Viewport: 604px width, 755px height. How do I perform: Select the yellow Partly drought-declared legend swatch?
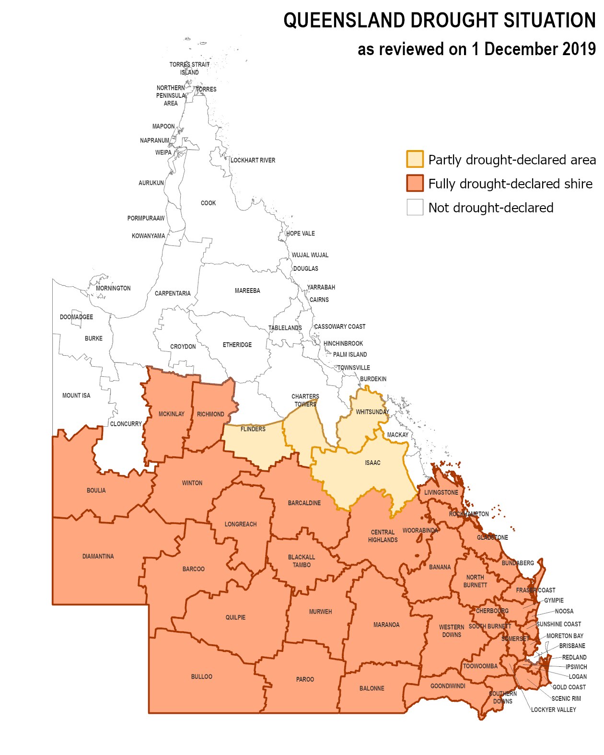coord(415,159)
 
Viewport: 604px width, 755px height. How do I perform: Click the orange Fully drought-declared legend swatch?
coord(415,183)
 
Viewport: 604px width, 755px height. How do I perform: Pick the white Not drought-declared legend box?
coord(415,207)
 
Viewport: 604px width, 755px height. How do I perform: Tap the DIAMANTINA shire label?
coord(98,557)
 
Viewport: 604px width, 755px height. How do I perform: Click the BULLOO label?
coord(201,677)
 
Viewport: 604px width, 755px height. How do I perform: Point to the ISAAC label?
coord(372,463)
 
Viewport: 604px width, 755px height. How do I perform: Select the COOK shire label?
coord(208,203)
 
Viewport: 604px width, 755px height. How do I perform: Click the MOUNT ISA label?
coord(76,396)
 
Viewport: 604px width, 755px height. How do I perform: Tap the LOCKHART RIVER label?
coord(253,161)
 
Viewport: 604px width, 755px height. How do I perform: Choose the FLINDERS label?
coord(253,430)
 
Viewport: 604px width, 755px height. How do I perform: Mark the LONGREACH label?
coord(241,524)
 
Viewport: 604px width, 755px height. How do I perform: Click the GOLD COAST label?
coord(569,687)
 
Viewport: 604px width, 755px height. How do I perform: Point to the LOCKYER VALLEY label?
coord(553,710)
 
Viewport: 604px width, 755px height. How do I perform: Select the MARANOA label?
coord(386,625)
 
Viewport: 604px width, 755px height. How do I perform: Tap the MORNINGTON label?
coord(113,289)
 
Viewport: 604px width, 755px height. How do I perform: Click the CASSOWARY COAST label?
coord(339,327)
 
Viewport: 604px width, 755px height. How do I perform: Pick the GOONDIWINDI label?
coord(448,686)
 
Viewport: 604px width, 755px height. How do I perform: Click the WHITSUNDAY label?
coord(372,412)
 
